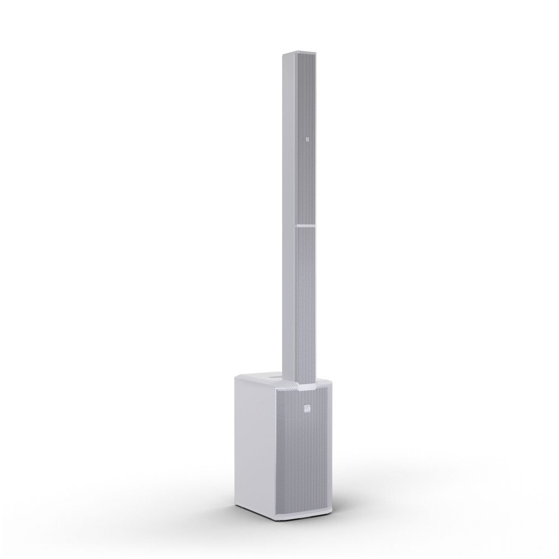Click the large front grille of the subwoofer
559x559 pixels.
point(306,458)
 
